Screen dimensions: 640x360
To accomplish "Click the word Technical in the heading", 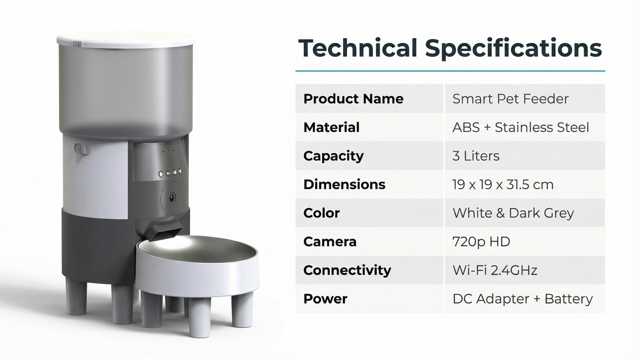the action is click(x=358, y=48).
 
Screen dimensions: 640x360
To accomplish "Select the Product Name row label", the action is click(x=353, y=99).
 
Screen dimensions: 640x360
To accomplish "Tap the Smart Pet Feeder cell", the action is click(x=510, y=99).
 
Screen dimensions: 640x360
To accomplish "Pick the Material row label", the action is click(x=331, y=127).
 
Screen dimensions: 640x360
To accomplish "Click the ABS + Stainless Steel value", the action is click(x=521, y=127).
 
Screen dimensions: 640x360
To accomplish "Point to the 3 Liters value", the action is click(x=476, y=156).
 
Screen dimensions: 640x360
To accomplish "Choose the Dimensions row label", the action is click(x=344, y=184).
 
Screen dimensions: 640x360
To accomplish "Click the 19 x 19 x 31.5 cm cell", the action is click(x=503, y=184).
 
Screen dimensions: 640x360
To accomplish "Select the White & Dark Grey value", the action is click(x=513, y=213).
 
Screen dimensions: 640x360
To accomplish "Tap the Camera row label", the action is click(x=330, y=242).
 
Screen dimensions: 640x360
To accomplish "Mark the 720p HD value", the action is click(x=481, y=242).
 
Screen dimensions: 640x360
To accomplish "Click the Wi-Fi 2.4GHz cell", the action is click(x=495, y=270).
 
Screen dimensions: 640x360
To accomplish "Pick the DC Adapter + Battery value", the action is click(x=523, y=299).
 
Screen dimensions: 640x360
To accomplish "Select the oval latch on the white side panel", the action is click(x=82, y=149).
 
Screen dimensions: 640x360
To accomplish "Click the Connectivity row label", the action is click(x=347, y=270).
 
